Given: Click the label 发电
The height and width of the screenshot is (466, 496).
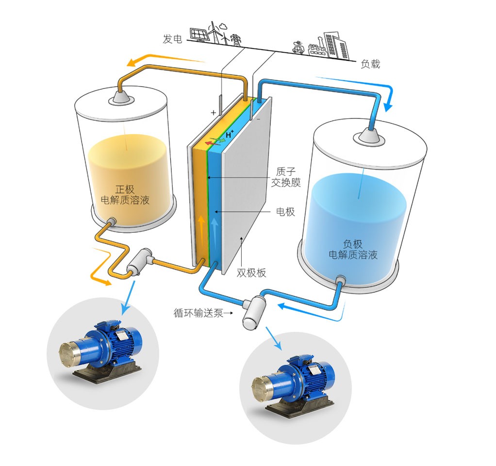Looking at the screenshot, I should point(172,39).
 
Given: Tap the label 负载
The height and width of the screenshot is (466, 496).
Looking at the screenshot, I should point(370,64).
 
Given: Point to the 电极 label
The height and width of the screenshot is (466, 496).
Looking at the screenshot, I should point(285,212).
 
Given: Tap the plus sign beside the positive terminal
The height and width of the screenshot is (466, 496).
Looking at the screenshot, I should point(213,113).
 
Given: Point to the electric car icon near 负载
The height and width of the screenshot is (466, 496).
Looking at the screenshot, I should point(298,48).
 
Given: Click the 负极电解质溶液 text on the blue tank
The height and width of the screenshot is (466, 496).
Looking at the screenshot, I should point(353,249).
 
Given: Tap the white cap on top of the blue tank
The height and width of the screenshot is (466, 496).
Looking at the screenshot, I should point(370,137).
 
